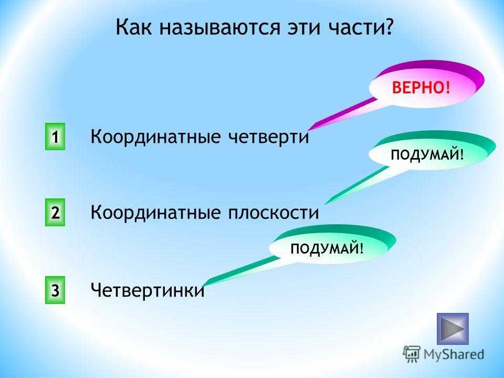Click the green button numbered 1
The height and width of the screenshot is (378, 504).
pos(55,136)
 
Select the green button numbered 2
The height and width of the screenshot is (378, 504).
pos(55,213)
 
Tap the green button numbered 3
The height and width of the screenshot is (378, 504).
pos(55,290)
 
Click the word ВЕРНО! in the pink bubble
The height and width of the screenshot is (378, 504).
pos(421,88)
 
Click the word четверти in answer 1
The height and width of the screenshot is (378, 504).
pos(269,136)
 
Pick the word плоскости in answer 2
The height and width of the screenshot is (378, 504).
pos(274,213)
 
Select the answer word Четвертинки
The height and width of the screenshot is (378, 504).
pos(148,290)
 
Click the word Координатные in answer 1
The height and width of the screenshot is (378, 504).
pos(155,137)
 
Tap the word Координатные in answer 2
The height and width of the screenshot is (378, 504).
pos(155,213)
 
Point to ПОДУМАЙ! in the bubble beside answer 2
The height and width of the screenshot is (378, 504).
pos(427,155)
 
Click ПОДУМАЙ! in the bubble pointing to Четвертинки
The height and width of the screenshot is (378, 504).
pos(327,248)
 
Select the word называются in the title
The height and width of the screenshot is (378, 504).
pos(220,28)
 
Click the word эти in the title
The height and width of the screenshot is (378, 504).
pos(304,28)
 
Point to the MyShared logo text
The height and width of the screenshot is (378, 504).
pos(454,354)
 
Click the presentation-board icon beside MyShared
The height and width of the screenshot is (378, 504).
pos(412,354)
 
